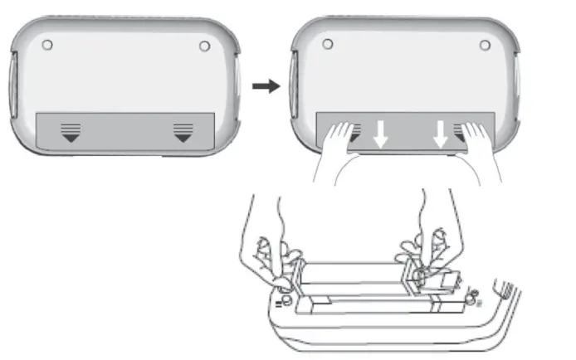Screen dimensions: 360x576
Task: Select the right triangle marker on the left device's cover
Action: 183,132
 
